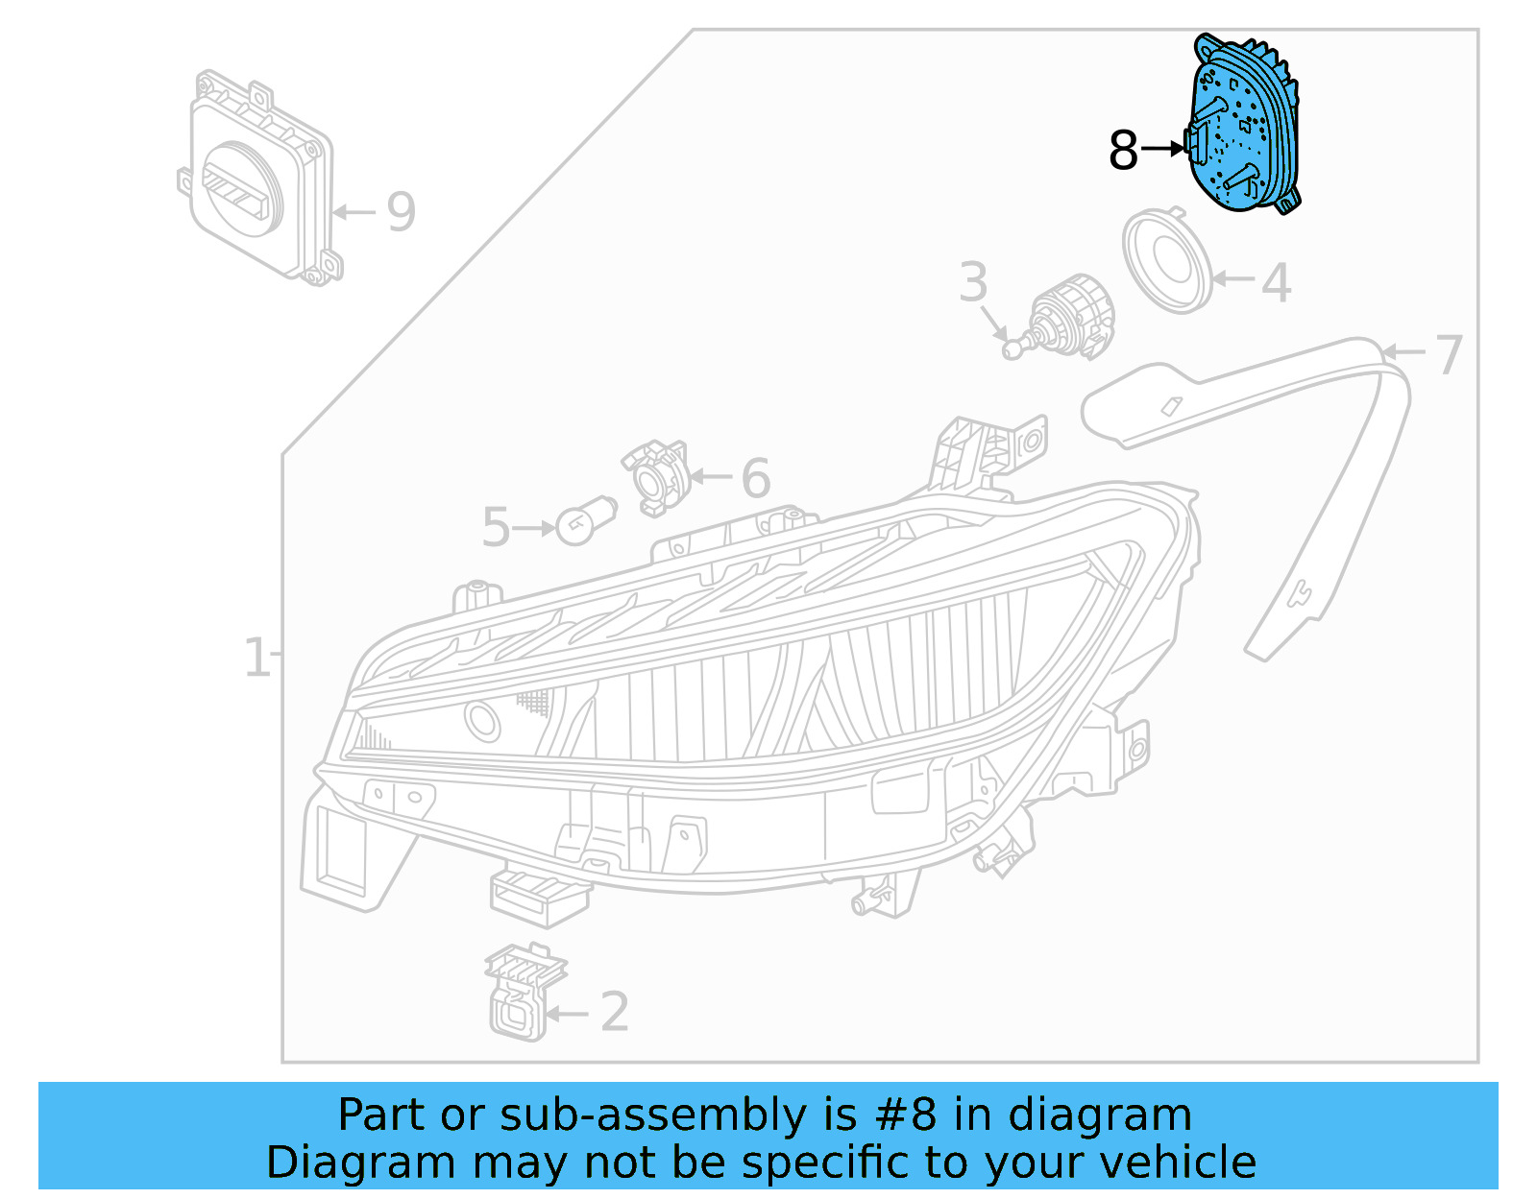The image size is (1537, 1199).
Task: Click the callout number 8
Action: click(x=1122, y=151)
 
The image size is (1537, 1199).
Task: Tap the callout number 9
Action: click(x=401, y=212)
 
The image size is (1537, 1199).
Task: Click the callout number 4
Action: click(x=1276, y=283)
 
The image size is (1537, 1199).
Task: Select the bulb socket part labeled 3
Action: click(x=1066, y=319)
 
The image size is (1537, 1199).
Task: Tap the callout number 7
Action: click(x=1448, y=354)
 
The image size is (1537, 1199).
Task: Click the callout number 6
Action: click(x=755, y=478)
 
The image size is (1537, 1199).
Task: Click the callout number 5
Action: click(x=496, y=528)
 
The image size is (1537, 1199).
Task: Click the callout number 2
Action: click(x=614, y=1013)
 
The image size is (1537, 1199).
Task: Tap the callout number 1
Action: click(x=256, y=658)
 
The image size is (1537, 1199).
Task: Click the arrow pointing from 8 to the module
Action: click(x=1163, y=149)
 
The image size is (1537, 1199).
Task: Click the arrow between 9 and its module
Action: click(x=355, y=211)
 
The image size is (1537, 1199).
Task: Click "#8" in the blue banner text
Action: click(x=907, y=1115)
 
